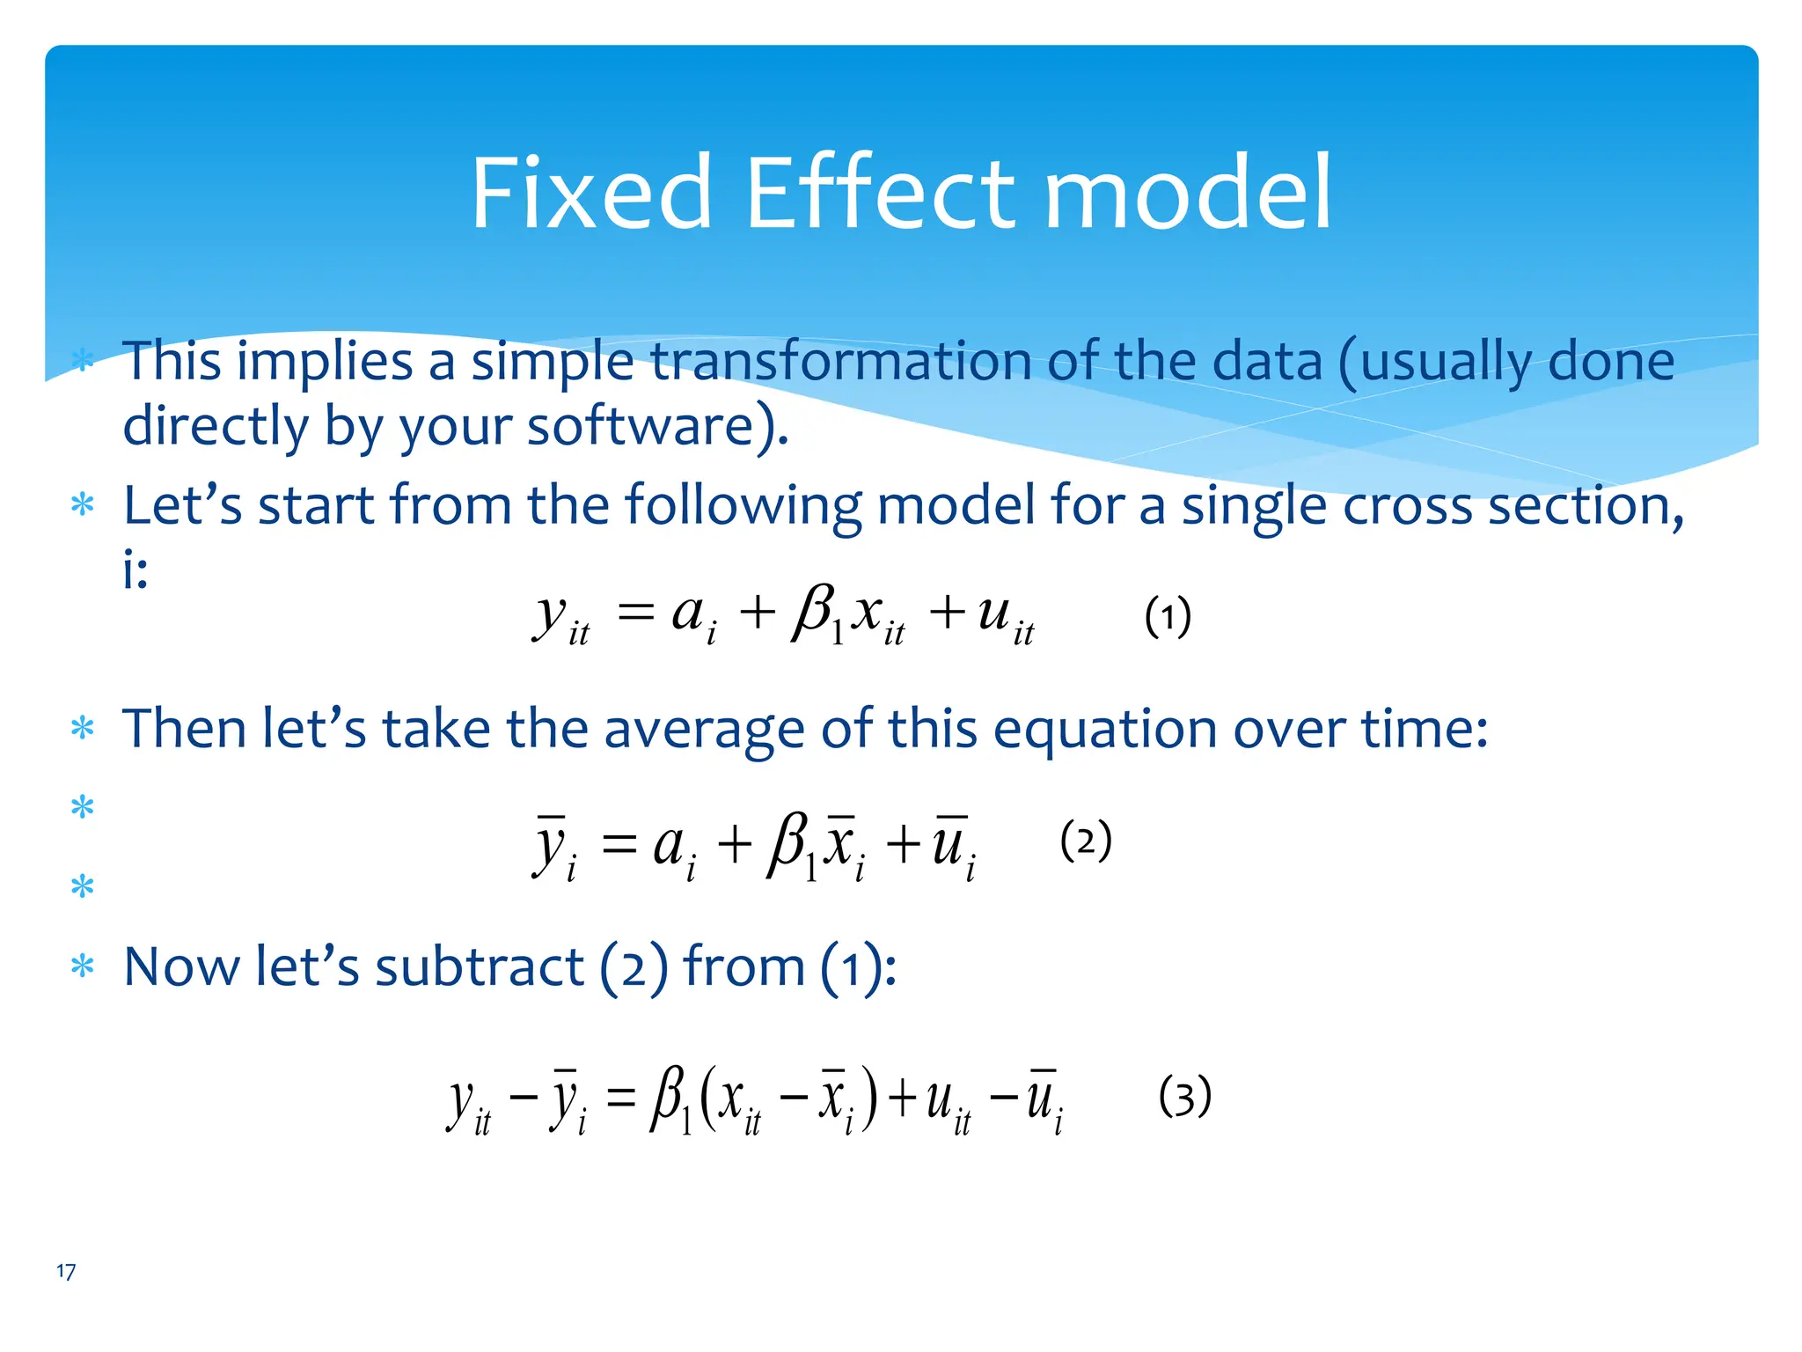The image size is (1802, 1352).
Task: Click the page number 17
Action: point(66,1271)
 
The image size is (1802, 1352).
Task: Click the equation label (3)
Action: point(1184,1097)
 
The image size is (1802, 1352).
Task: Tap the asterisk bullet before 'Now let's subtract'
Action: point(83,966)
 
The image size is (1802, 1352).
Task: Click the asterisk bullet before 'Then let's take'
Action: point(83,729)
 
